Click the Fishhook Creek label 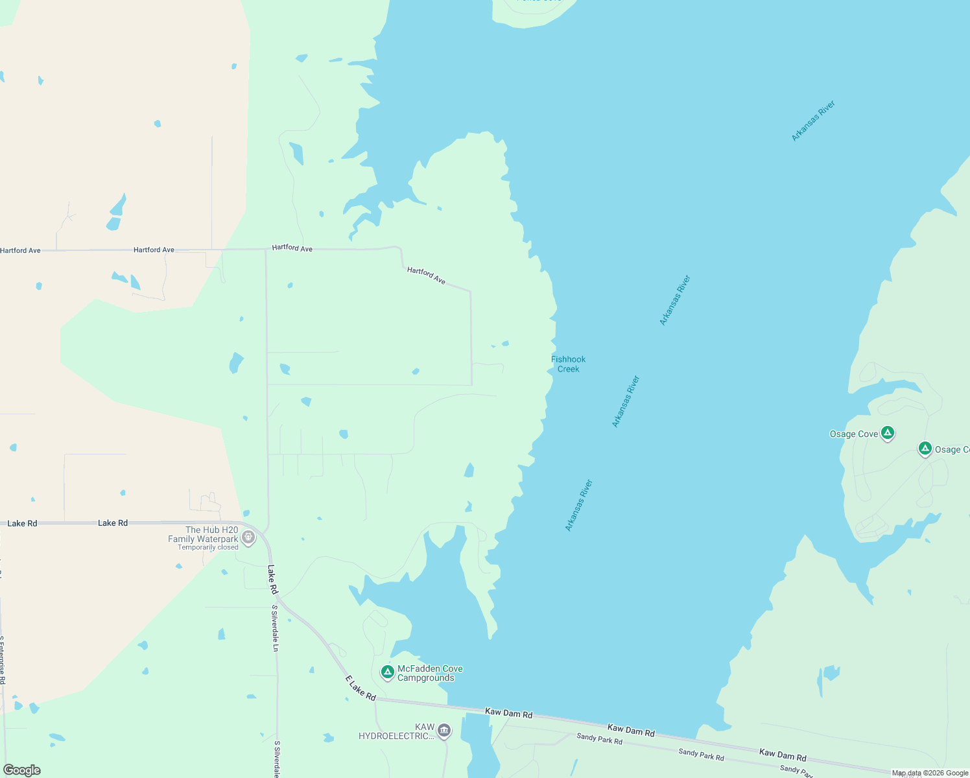pos(568,364)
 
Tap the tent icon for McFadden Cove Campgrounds pos(388,672)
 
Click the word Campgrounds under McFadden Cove pos(425,678)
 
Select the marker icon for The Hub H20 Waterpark pos(248,537)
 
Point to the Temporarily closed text pos(208,548)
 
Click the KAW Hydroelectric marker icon pos(444,731)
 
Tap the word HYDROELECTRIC pos(397,736)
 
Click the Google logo pos(22,770)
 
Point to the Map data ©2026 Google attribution pos(930,773)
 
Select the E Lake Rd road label pos(361,688)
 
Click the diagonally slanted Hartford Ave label pos(426,276)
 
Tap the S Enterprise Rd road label pos(3,660)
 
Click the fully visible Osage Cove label pos(854,434)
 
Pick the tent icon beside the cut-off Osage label pos(925,449)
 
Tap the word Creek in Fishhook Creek pos(569,369)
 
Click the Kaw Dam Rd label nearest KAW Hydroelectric pos(509,713)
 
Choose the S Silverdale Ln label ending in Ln pos(275,628)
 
